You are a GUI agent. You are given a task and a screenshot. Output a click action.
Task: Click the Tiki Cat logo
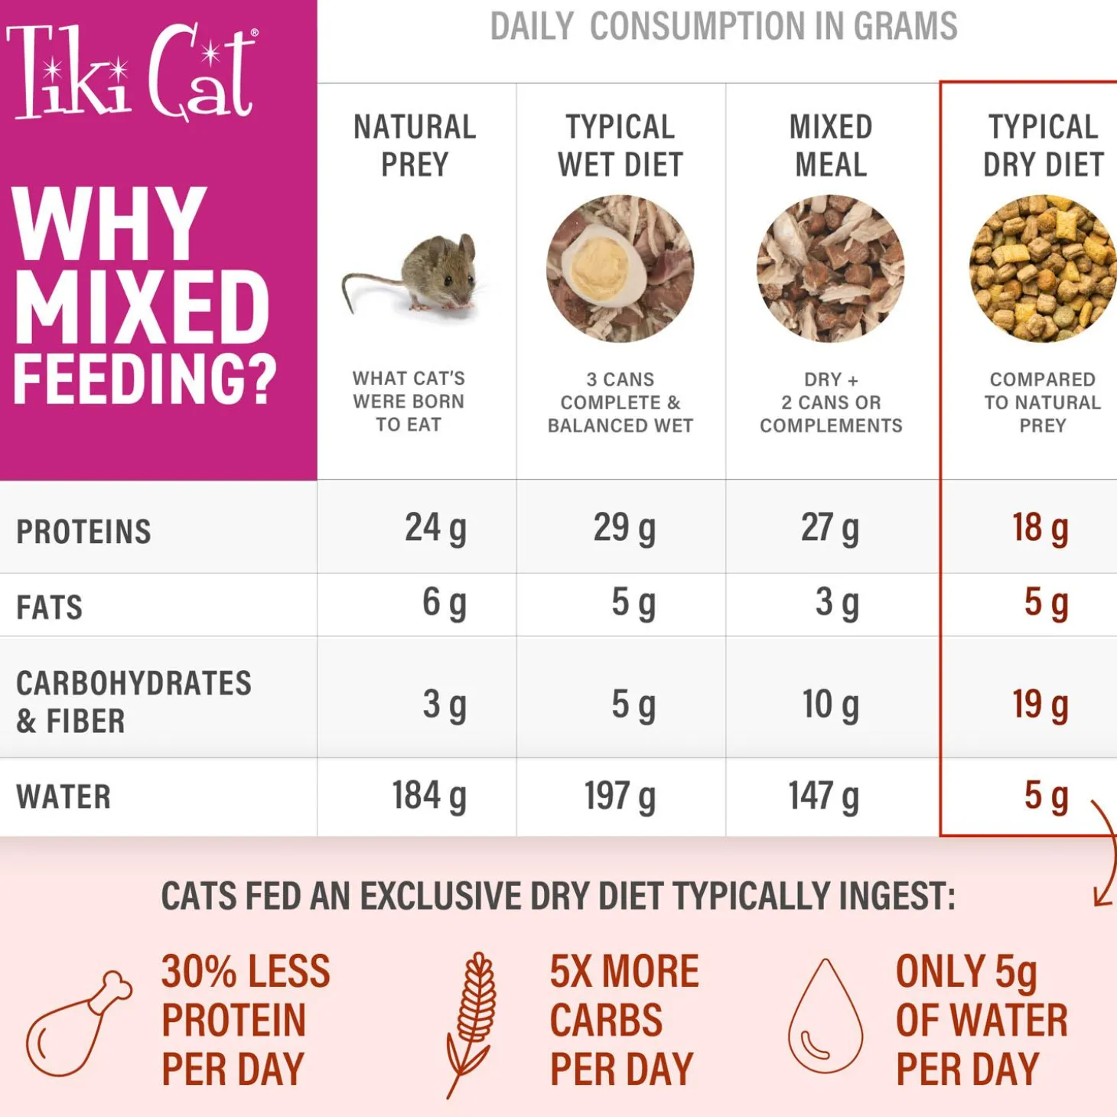(132, 73)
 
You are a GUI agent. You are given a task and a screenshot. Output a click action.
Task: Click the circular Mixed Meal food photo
(831, 268)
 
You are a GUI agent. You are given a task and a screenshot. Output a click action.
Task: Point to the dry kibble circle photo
(1042, 268)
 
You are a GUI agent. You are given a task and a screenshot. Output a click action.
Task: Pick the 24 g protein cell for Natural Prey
(435, 528)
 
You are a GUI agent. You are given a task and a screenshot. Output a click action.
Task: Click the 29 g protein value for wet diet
(624, 528)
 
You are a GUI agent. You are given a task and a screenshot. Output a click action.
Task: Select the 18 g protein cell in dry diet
(1040, 528)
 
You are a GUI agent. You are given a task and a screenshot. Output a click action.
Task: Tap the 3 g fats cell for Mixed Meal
(836, 603)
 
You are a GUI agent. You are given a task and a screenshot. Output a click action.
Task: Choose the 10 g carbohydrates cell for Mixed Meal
(830, 705)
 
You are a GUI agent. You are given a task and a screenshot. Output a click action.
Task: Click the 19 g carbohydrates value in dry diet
(1040, 705)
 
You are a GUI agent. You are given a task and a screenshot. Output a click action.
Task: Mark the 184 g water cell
(429, 796)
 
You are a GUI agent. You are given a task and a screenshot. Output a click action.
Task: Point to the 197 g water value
(620, 796)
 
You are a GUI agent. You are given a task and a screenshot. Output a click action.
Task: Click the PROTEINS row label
(83, 532)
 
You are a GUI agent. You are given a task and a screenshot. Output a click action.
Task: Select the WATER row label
(64, 797)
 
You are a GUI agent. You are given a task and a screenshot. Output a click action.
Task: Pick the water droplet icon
(826, 1018)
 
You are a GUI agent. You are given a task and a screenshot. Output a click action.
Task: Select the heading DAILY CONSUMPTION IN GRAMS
(723, 27)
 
